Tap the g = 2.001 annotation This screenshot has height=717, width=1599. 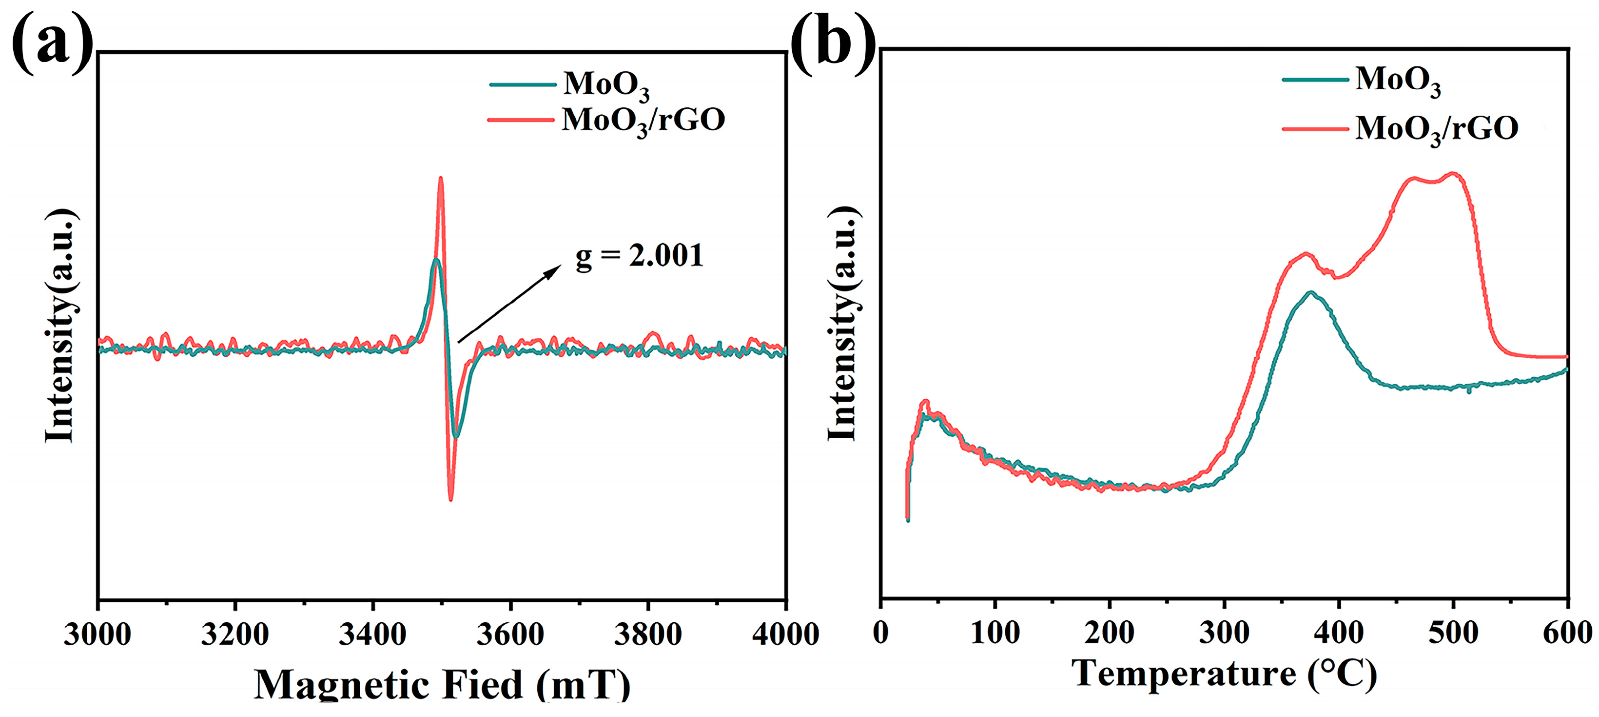(639, 256)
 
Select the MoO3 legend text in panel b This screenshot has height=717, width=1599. (1398, 81)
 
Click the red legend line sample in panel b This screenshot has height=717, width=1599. (1315, 129)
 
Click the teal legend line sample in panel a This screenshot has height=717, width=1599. (523, 84)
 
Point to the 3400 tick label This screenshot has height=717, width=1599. (372, 635)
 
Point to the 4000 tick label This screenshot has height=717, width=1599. (784, 635)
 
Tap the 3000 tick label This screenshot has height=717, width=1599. (97, 635)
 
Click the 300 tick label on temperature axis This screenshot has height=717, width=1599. (1224, 633)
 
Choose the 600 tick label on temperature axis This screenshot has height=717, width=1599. (1567, 633)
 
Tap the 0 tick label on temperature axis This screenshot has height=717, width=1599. (881, 633)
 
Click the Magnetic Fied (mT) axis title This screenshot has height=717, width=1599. (442, 685)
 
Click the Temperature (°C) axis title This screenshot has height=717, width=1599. (1224, 674)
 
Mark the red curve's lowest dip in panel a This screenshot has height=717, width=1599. (450, 498)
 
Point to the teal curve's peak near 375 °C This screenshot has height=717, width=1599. (1311, 293)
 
